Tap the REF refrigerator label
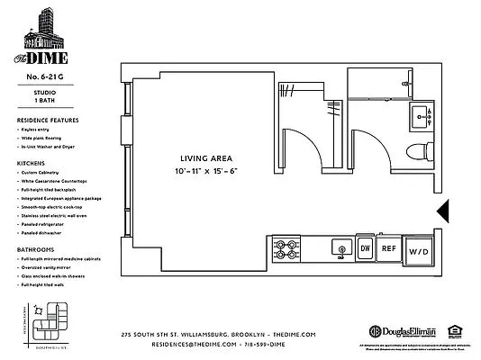click(x=389, y=247)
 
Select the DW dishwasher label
click(x=366, y=247)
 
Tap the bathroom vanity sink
click(x=420, y=114)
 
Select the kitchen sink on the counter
click(x=340, y=247)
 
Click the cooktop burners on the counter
click(x=286, y=247)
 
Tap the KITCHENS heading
click(x=31, y=163)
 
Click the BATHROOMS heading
click(x=34, y=249)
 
